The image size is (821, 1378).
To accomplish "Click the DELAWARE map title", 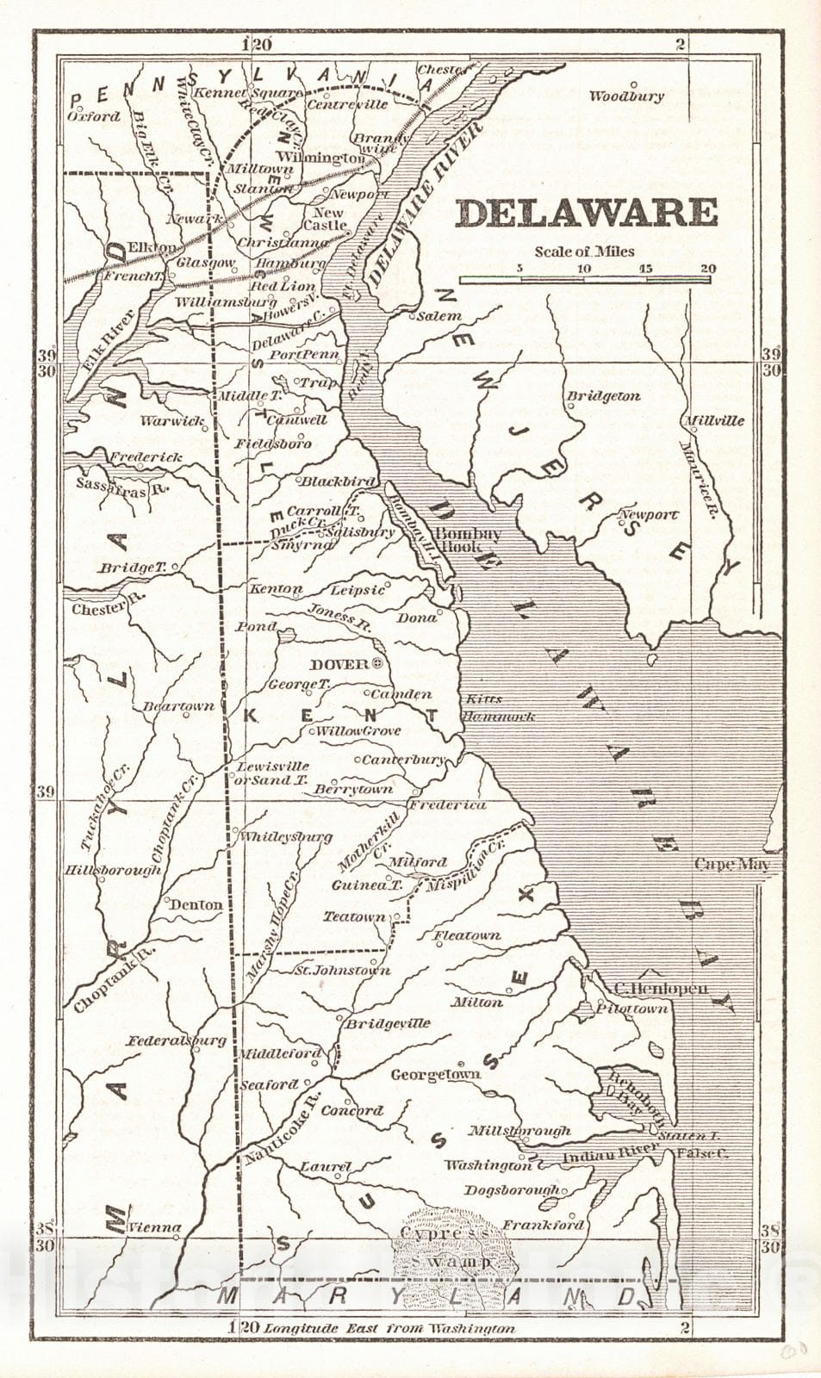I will [x=587, y=213].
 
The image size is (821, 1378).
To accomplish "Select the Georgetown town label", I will [x=435, y=1075].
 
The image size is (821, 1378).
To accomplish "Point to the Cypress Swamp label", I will [x=444, y=1246].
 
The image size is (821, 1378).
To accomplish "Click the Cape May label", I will [x=731, y=865].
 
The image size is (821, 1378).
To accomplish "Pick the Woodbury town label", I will [x=626, y=96].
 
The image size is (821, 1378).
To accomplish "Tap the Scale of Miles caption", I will [x=584, y=251].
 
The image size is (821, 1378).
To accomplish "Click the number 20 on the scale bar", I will [x=707, y=268].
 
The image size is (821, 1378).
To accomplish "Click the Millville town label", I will [x=714, y=420].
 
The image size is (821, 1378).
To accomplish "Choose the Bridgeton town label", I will [x=603, y=396].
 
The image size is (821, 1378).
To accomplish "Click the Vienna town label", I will [x=155, y=1227].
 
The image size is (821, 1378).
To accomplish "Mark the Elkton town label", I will [x=152, y=248].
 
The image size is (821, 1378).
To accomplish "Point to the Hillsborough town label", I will [x=113, y=870].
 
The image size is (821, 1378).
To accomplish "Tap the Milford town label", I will [x=418, y=861].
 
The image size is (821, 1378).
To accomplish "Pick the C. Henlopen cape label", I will [x=661, y=989].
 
